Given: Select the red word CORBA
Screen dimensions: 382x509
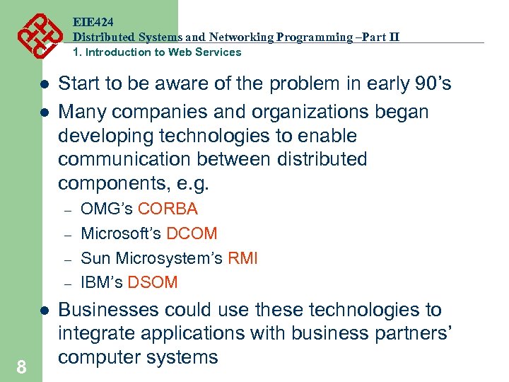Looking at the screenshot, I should pyautogui.click(x=168, y=209).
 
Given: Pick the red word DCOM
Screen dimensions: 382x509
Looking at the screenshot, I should pyautogui.click(x=192, y=233).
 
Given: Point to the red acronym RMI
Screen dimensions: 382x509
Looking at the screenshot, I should pyautogui.click(x=242, y=258).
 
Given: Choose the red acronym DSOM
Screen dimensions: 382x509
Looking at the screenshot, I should pyautogui.click(x=153, y=282).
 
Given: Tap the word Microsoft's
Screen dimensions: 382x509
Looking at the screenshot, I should pyautogui.click(x=121, y=233).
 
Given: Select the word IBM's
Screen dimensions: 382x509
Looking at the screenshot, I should pyautogui.click(x=102, y=282).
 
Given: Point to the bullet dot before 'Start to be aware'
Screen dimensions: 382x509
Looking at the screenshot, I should pyautogui.click(x=43, y=85).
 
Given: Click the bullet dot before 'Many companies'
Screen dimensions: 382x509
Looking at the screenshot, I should pyautogui.click(x=43, y=112).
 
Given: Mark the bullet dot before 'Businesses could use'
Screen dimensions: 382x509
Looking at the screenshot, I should pyautogui.click(x=43, y=311).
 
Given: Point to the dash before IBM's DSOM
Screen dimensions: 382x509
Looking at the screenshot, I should pyautogui.click(x=69, y=283).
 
